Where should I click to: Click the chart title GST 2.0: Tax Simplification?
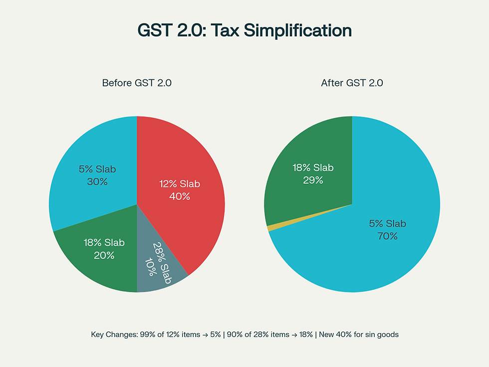coord(244,31)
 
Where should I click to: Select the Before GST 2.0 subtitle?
coord(137,83)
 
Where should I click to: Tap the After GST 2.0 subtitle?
coord(352,83)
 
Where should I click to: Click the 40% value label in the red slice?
coord(180,196)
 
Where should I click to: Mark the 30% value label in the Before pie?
coord(97,181)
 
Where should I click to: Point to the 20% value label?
coord(104,255)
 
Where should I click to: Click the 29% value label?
coord(313,180)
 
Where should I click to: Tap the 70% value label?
coord(387,236)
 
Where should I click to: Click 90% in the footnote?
coord(235,335)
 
